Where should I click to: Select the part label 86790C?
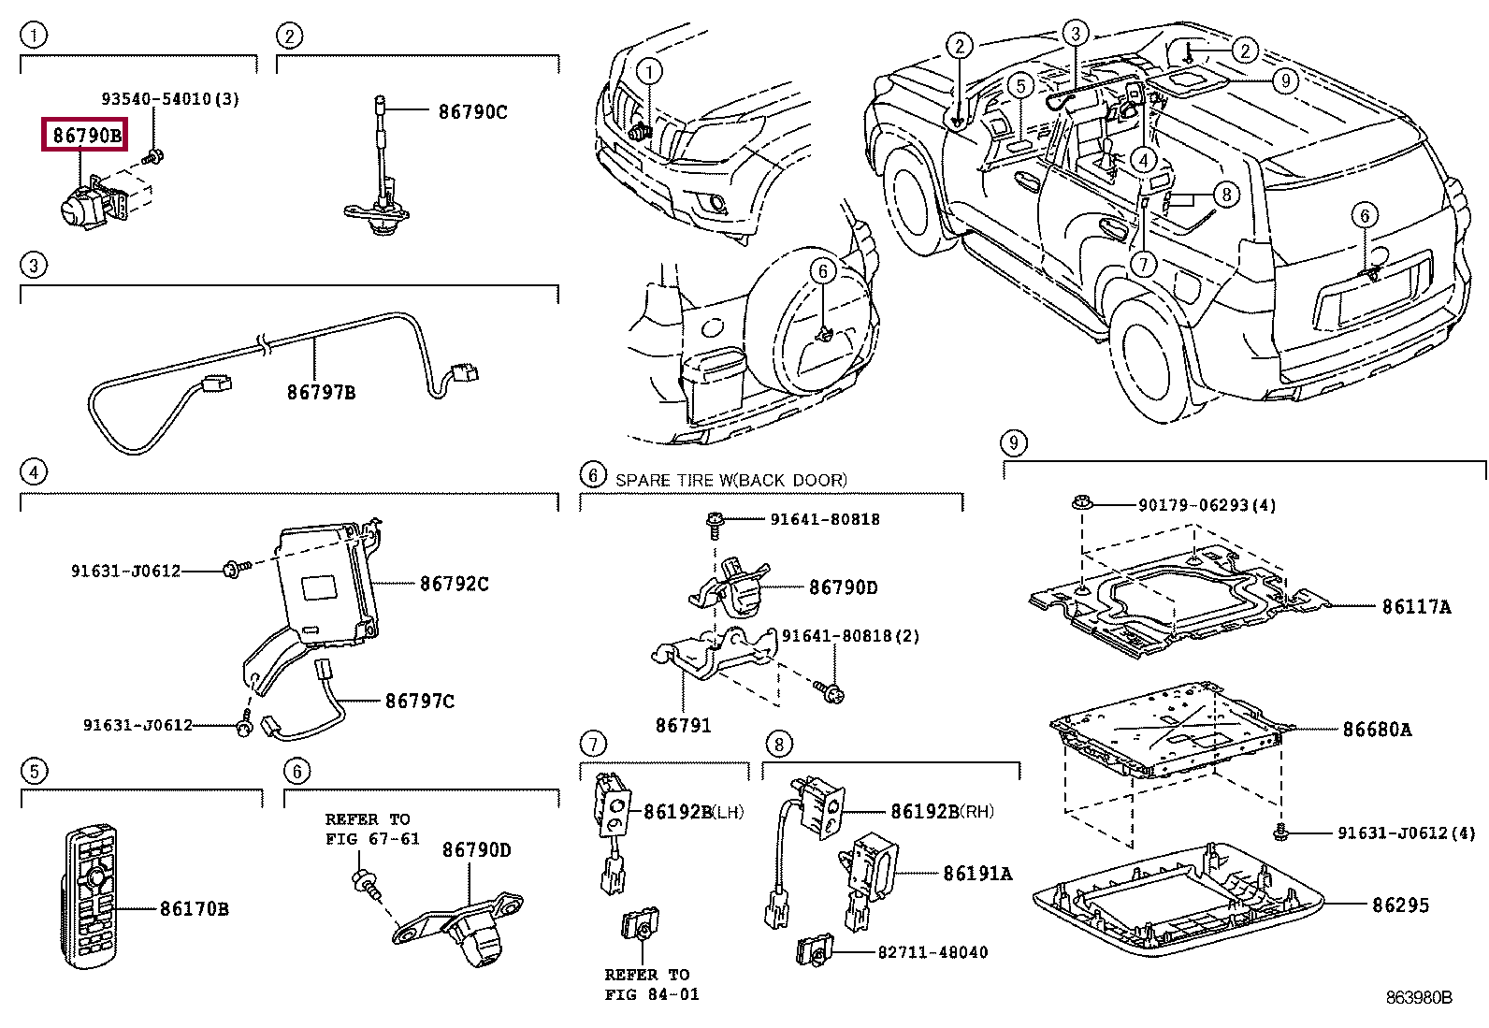[x=472, y=112]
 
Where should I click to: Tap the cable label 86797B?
[x=321, y=392]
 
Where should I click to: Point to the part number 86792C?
[x=454, y=584]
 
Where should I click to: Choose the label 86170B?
[x=194, y=908]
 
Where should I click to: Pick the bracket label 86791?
[x=683, y=725]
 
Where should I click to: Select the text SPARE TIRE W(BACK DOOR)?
[x=730, y=480]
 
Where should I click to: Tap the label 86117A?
[x=1416, y=607]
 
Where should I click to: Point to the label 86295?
[x=1400, y=905]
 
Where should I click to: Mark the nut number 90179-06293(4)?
[x=1207, y=505]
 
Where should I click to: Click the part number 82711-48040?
[x=932, y=952]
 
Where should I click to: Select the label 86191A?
[x=977, y=873]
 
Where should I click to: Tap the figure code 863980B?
[x=1419, y=998]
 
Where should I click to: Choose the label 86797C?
[x=420, y=701]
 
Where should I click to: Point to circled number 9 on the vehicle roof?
[x=1285, y=80]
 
